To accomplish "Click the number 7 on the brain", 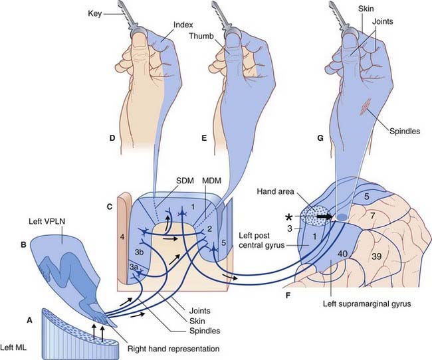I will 372,216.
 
